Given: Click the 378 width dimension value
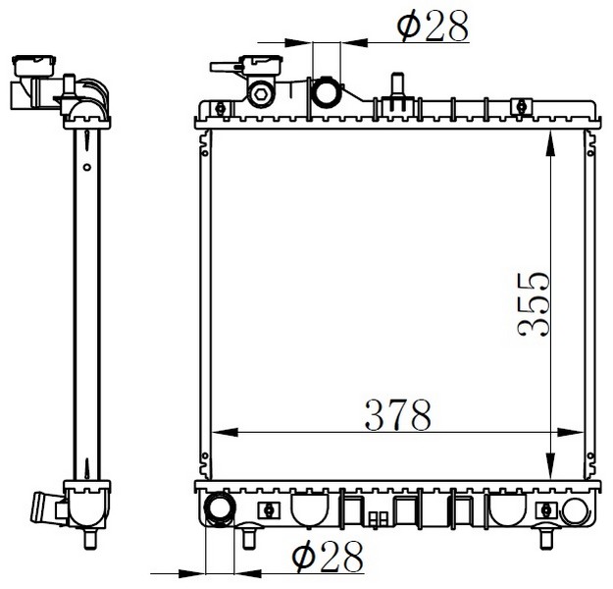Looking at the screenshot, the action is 397,415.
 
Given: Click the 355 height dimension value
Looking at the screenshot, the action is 534,304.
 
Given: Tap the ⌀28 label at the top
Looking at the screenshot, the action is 433,26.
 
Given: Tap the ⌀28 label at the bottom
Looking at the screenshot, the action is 328,557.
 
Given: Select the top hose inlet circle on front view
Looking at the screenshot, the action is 326,93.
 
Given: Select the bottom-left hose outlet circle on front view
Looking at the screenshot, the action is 220,509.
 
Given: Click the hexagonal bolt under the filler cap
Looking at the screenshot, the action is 261,94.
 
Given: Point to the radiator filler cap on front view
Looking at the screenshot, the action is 261,64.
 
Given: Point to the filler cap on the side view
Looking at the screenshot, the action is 34,66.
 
